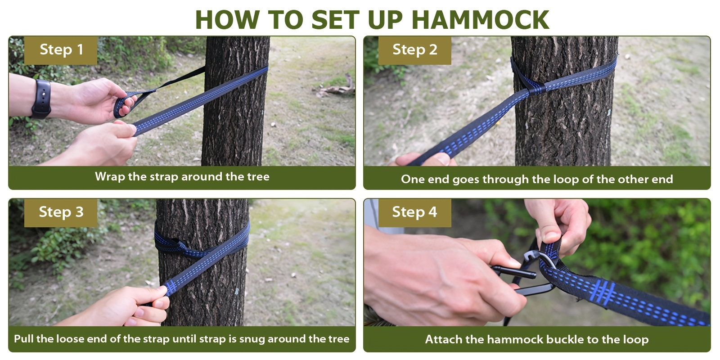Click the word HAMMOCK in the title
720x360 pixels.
(x=481, y=20)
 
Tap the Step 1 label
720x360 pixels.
(x=61, y=50)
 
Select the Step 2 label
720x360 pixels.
(x=414, y=50)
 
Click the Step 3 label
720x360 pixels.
(x=61, y=212)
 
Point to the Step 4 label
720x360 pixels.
(x=414, y=212)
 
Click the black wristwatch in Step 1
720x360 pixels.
(x=41, y=99)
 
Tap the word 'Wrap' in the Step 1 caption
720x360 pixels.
(x=110, y=177)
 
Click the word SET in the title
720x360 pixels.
(x=335, y=20)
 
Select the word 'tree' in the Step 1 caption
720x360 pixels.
(x=258, y=177)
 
